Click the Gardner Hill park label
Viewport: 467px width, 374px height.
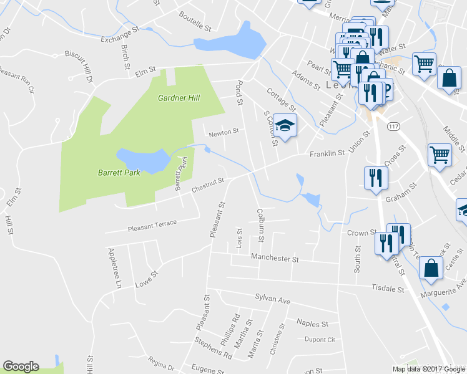182,98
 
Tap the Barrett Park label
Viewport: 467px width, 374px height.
119,173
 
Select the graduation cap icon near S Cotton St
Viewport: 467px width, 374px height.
285,127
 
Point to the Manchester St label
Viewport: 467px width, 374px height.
275,257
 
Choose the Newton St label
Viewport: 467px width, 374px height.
224,132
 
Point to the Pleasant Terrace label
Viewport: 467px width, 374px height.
152,224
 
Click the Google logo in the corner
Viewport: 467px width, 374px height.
21,367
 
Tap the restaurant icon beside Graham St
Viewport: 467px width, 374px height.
376,178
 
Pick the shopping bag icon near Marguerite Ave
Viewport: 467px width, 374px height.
431,269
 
